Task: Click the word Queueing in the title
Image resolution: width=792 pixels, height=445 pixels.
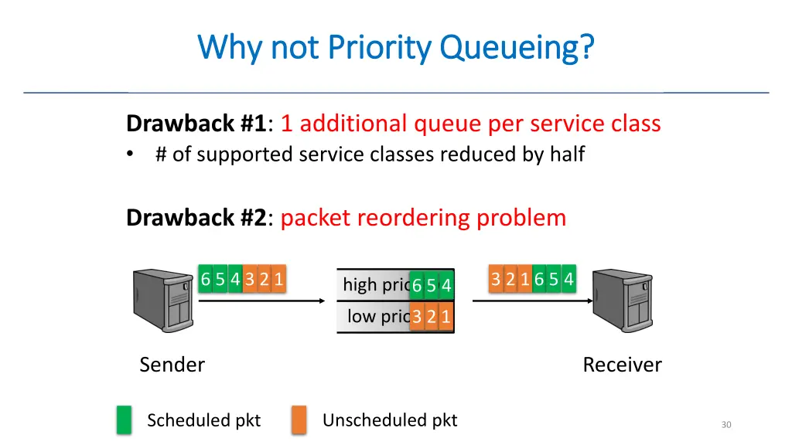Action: click(517, 48)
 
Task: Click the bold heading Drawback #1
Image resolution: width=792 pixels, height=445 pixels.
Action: click(196, 123)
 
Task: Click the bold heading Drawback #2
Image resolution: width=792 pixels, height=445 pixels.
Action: click(196, 218)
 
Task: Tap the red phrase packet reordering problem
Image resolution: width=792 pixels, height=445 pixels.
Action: click(423, 218)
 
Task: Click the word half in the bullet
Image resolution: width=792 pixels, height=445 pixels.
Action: click(567, 155)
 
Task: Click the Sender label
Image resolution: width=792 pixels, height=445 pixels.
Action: click(172, 365)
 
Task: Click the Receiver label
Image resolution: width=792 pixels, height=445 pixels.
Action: click(622, 365)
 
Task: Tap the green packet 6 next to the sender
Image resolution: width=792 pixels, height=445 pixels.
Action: click(206, 280)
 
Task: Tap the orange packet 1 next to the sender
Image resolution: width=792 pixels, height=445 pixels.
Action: click(278, 280)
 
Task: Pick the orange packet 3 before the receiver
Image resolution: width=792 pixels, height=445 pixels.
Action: click(496, 280)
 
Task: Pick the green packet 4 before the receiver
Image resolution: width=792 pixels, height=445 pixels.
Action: click(568, 280)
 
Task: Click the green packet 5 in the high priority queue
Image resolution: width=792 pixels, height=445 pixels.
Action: click(432, 286)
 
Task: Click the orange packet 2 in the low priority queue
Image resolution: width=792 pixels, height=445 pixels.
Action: click(432, 316)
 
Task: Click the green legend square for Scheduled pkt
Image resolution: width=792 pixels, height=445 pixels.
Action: click(124, 420)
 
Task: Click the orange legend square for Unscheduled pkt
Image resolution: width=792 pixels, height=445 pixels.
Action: click(299, 420)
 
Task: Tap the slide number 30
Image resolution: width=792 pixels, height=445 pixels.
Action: click(725, 424)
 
